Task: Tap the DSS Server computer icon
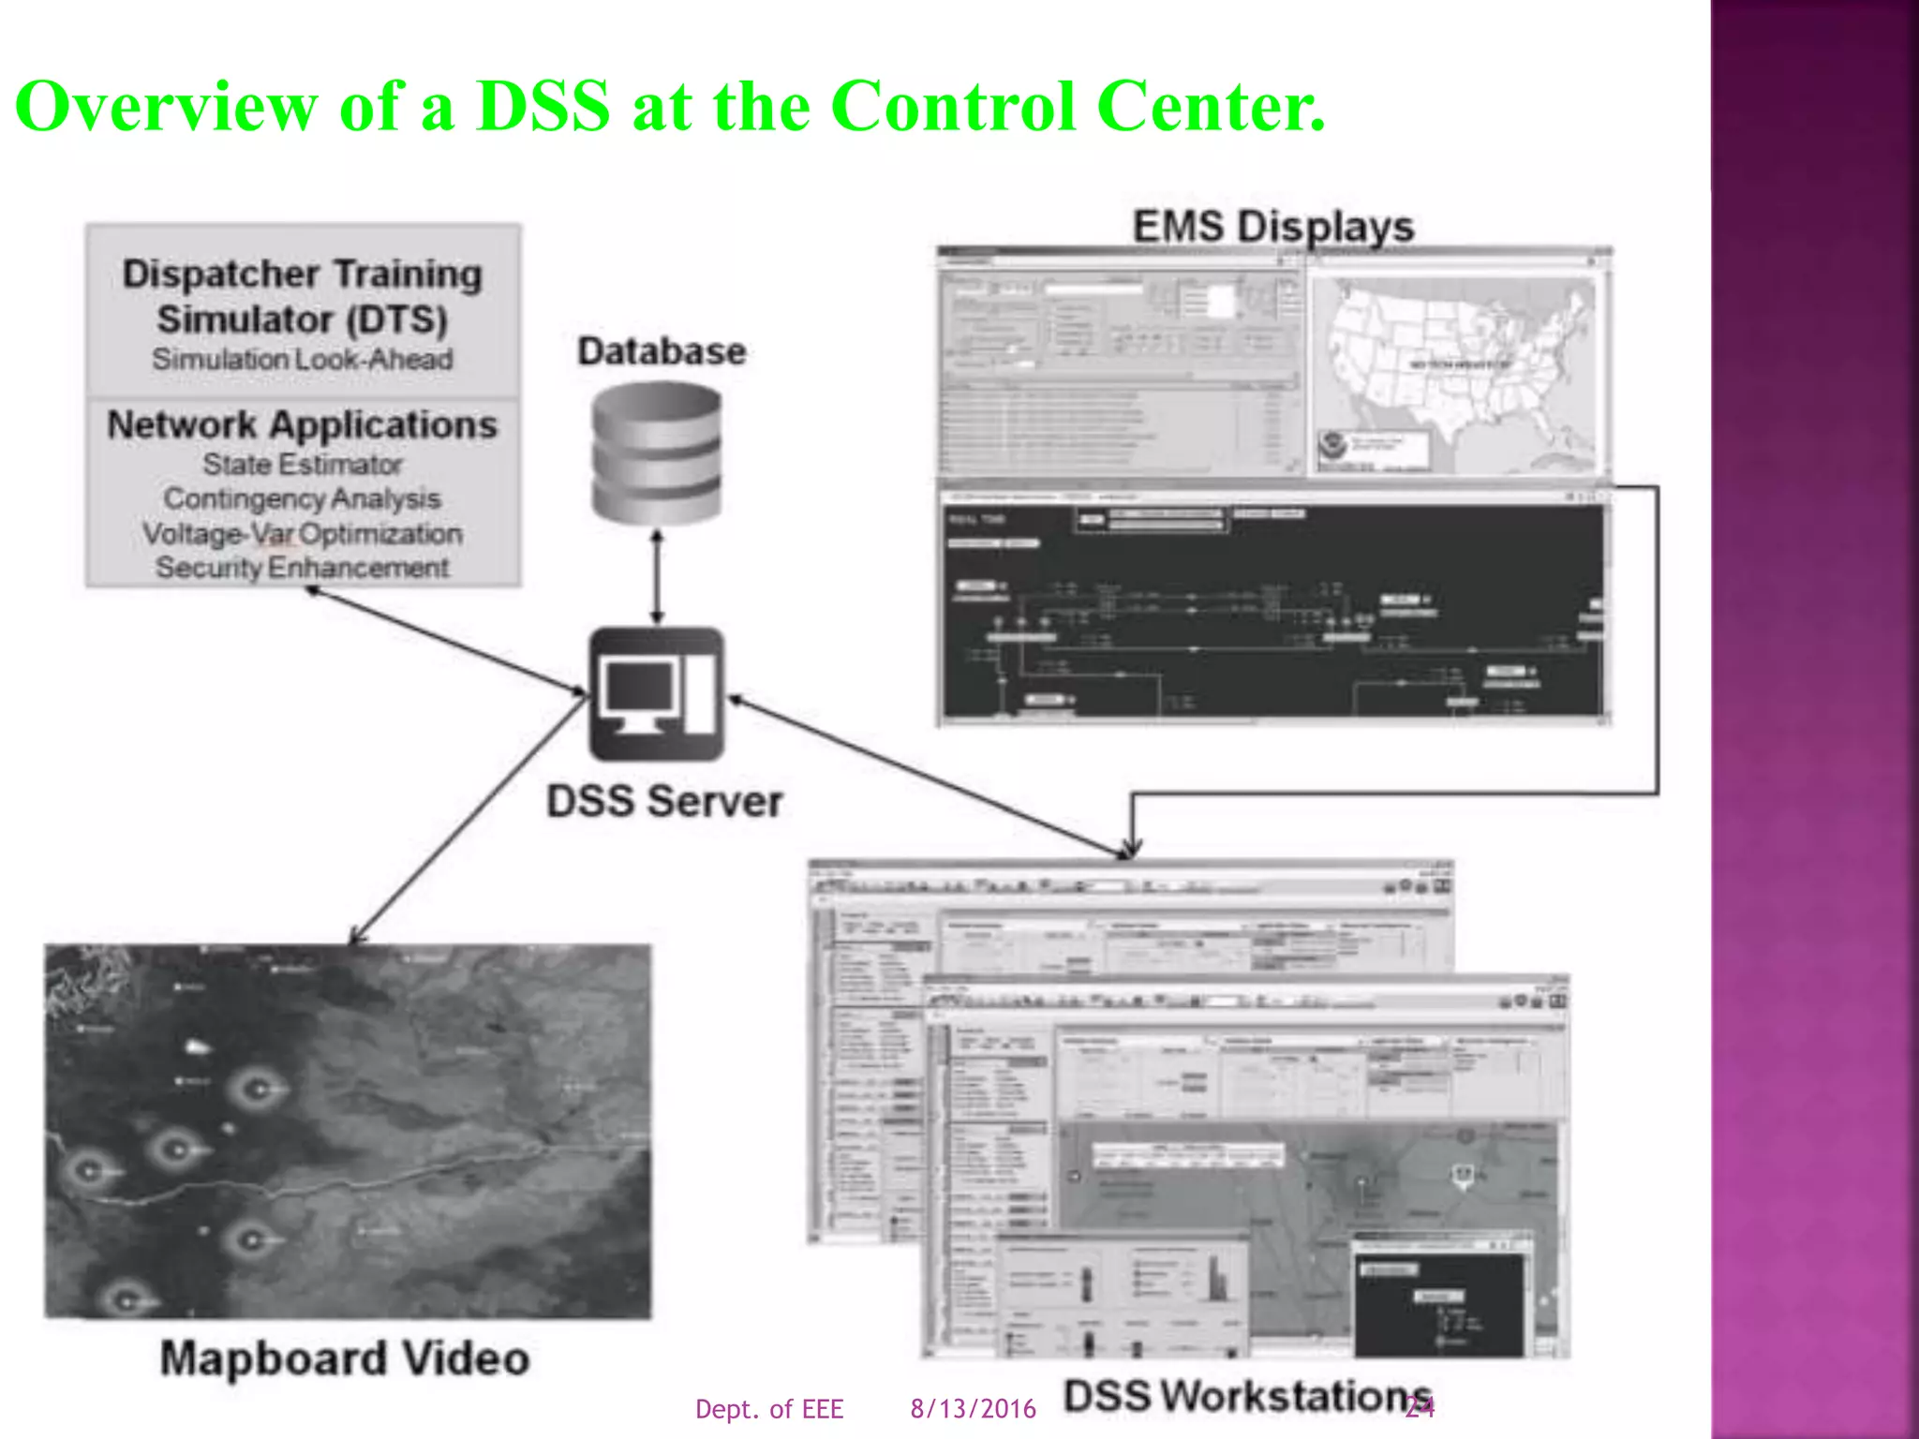coord(657,693)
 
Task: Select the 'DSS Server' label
coord(664,802)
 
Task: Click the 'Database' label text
coord(662,351)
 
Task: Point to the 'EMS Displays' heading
coord(1273,227)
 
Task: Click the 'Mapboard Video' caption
coord(345,1358)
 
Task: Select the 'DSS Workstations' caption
coord(1246,1396)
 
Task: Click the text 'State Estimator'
coord(303,464)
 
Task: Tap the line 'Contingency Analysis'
coord(302,498)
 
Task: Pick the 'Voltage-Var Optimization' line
coord(302,533)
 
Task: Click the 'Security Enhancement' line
coord(302,568)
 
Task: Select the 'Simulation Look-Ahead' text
coord(302,359)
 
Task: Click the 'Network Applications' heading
coord(302,425)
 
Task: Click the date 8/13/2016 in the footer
coord(973,1409)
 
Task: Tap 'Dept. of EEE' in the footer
coord(769,1409)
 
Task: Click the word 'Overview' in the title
coord(166,106)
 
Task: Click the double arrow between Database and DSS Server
coord(657,576)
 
